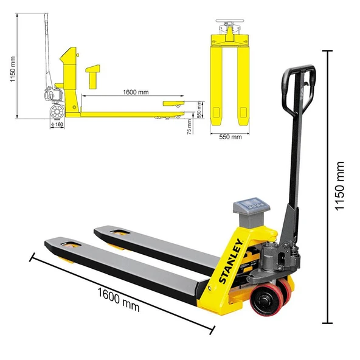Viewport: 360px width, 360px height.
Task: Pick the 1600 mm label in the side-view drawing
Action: click(x=135, y=92)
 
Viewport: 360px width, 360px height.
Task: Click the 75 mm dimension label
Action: click(x=190, y=126)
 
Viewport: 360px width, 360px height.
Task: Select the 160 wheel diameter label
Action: click(x=58, y=125)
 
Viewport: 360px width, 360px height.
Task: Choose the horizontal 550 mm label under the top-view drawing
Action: click(x=229, y=137)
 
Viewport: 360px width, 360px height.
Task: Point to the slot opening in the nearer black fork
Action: click(x=72, y=244)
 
